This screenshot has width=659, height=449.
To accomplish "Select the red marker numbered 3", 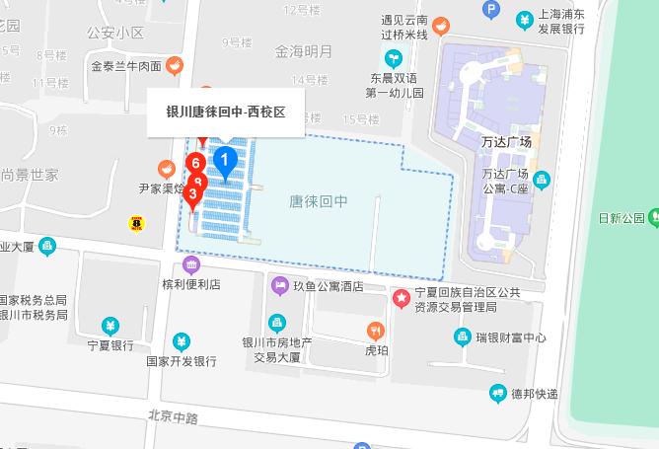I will pyautogui.click(x=192, y=194).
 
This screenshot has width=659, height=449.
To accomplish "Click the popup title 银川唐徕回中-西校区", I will pyautogui.click(x=226, y=112).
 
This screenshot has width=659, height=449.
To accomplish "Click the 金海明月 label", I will pyautogui.click(x=304, y=50).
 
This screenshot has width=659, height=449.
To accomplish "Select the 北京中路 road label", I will pyautogui.click(x=173, y=417).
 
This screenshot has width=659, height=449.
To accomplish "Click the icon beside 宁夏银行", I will pyautogui.click(x=110, y=326).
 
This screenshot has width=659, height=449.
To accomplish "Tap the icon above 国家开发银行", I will pyautogui.click(x=182, y=341).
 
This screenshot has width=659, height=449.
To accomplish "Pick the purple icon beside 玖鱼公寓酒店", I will pyautogui.click(x=279, y=286).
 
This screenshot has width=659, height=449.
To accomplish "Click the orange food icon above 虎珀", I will pyautogui.click(x=375, y=330).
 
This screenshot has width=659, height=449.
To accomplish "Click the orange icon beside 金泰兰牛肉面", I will pyautogui.click(x=175, y=66).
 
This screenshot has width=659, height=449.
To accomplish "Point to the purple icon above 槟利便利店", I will pyautogui.click(x=191, y=264).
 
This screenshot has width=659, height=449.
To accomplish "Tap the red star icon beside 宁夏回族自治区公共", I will pyautogui.click(x=401, y=297).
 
